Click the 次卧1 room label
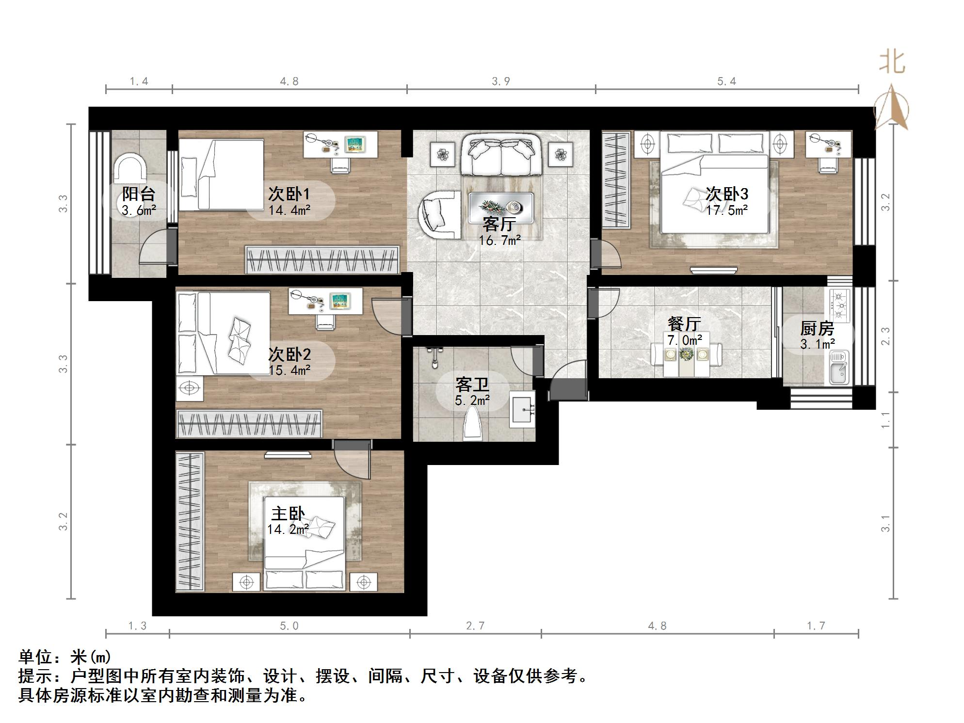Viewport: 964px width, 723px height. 289,194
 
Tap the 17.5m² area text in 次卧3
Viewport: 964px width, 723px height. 726,210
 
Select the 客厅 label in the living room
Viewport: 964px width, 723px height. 499,225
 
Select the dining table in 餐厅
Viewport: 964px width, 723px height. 686,355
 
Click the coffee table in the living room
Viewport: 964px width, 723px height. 501,208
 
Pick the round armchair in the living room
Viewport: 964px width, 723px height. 440,214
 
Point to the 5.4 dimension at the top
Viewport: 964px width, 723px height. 726,81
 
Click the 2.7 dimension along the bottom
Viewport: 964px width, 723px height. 475,626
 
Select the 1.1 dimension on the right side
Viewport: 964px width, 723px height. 885,420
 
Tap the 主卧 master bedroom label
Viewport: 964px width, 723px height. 288,514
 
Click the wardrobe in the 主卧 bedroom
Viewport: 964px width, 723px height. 190,522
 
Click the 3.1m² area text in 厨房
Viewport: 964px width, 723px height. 818,344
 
